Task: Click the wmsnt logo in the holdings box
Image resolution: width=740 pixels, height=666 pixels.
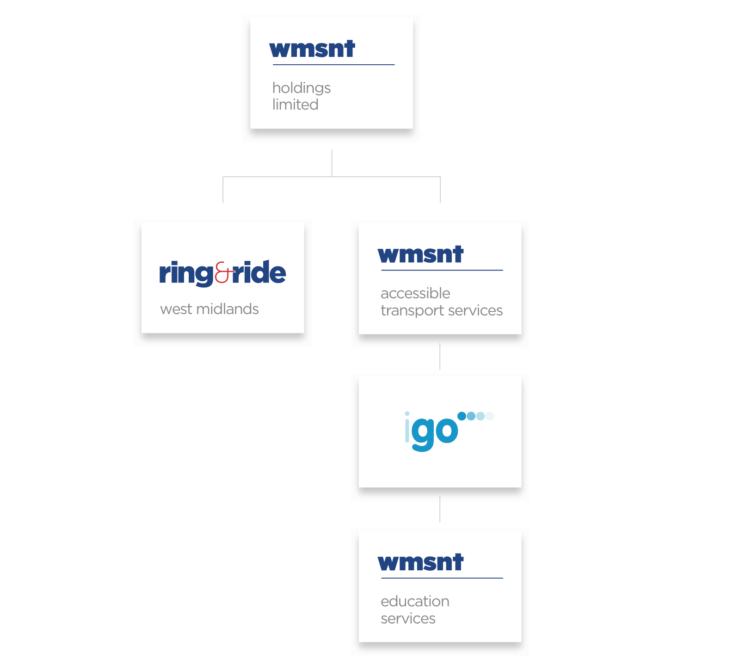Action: point(312,49)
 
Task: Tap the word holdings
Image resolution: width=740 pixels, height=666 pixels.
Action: point(302,88)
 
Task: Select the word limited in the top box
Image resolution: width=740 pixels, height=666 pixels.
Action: point(295,105)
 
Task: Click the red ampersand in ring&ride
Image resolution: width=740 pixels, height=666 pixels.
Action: point(222,272)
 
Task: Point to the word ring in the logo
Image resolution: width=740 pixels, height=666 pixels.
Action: point(186,274)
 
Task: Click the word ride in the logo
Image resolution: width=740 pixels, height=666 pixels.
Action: point(259,272)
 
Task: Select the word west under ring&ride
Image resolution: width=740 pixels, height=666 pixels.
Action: point(176,309)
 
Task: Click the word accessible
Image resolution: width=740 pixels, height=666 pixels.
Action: point(415,293)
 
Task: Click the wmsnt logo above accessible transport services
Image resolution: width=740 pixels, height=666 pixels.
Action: point(420,254)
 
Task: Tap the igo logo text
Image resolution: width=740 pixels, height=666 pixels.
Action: point(432,431)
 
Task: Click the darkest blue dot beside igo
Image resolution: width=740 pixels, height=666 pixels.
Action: point(462,416)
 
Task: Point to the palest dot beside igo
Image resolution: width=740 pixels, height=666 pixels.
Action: point(490,416)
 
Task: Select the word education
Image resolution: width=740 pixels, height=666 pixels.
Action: point(415,601)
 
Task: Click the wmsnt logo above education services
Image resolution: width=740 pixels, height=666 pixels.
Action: point(420,562)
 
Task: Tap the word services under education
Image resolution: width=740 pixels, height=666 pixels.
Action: point(408,618)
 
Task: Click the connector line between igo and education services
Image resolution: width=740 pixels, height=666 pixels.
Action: point(440,509)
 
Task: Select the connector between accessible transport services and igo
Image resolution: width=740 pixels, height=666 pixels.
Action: point(440,356)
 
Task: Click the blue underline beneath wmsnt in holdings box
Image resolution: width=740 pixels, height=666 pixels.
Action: point(333,65)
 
